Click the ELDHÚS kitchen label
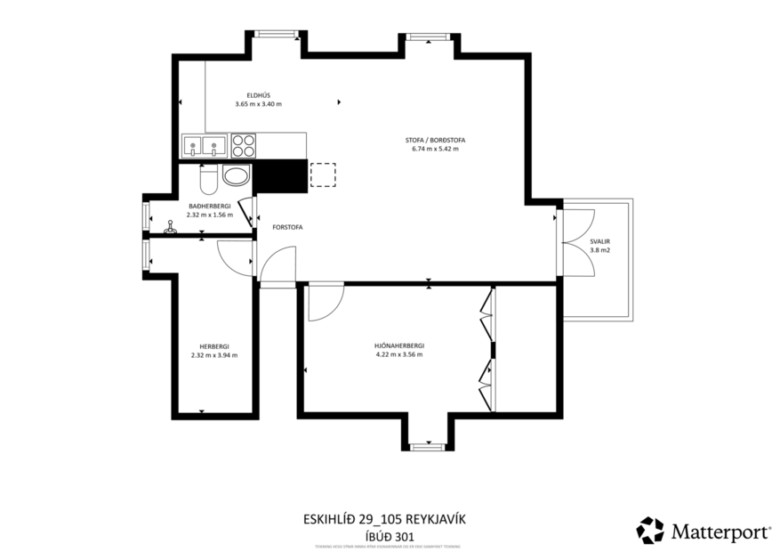click(x=258, y=95)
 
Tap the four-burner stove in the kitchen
click(x=244, y=145)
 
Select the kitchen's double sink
click(x=203, y=146)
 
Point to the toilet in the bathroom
click(x=207, y=181)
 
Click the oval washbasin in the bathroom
click(x=237, y=175)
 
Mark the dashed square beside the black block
click(x=323, y=175)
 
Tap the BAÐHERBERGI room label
click(x=210, y=206)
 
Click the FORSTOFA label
click(x=287, y=227)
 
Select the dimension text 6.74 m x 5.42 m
click(x=436, y=149)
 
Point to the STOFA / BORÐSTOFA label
click(x=436, y=140)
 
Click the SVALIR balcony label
click(x=599, y=241)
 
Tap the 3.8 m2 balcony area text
click(x=599, y=250)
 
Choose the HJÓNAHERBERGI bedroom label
click(x=398, y=345)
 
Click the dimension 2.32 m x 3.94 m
click(x=214, y=354)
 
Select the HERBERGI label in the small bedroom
click(x=214, y=345)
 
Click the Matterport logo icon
click(x=649, y=531)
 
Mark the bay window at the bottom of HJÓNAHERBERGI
click(x=428, y=443)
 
